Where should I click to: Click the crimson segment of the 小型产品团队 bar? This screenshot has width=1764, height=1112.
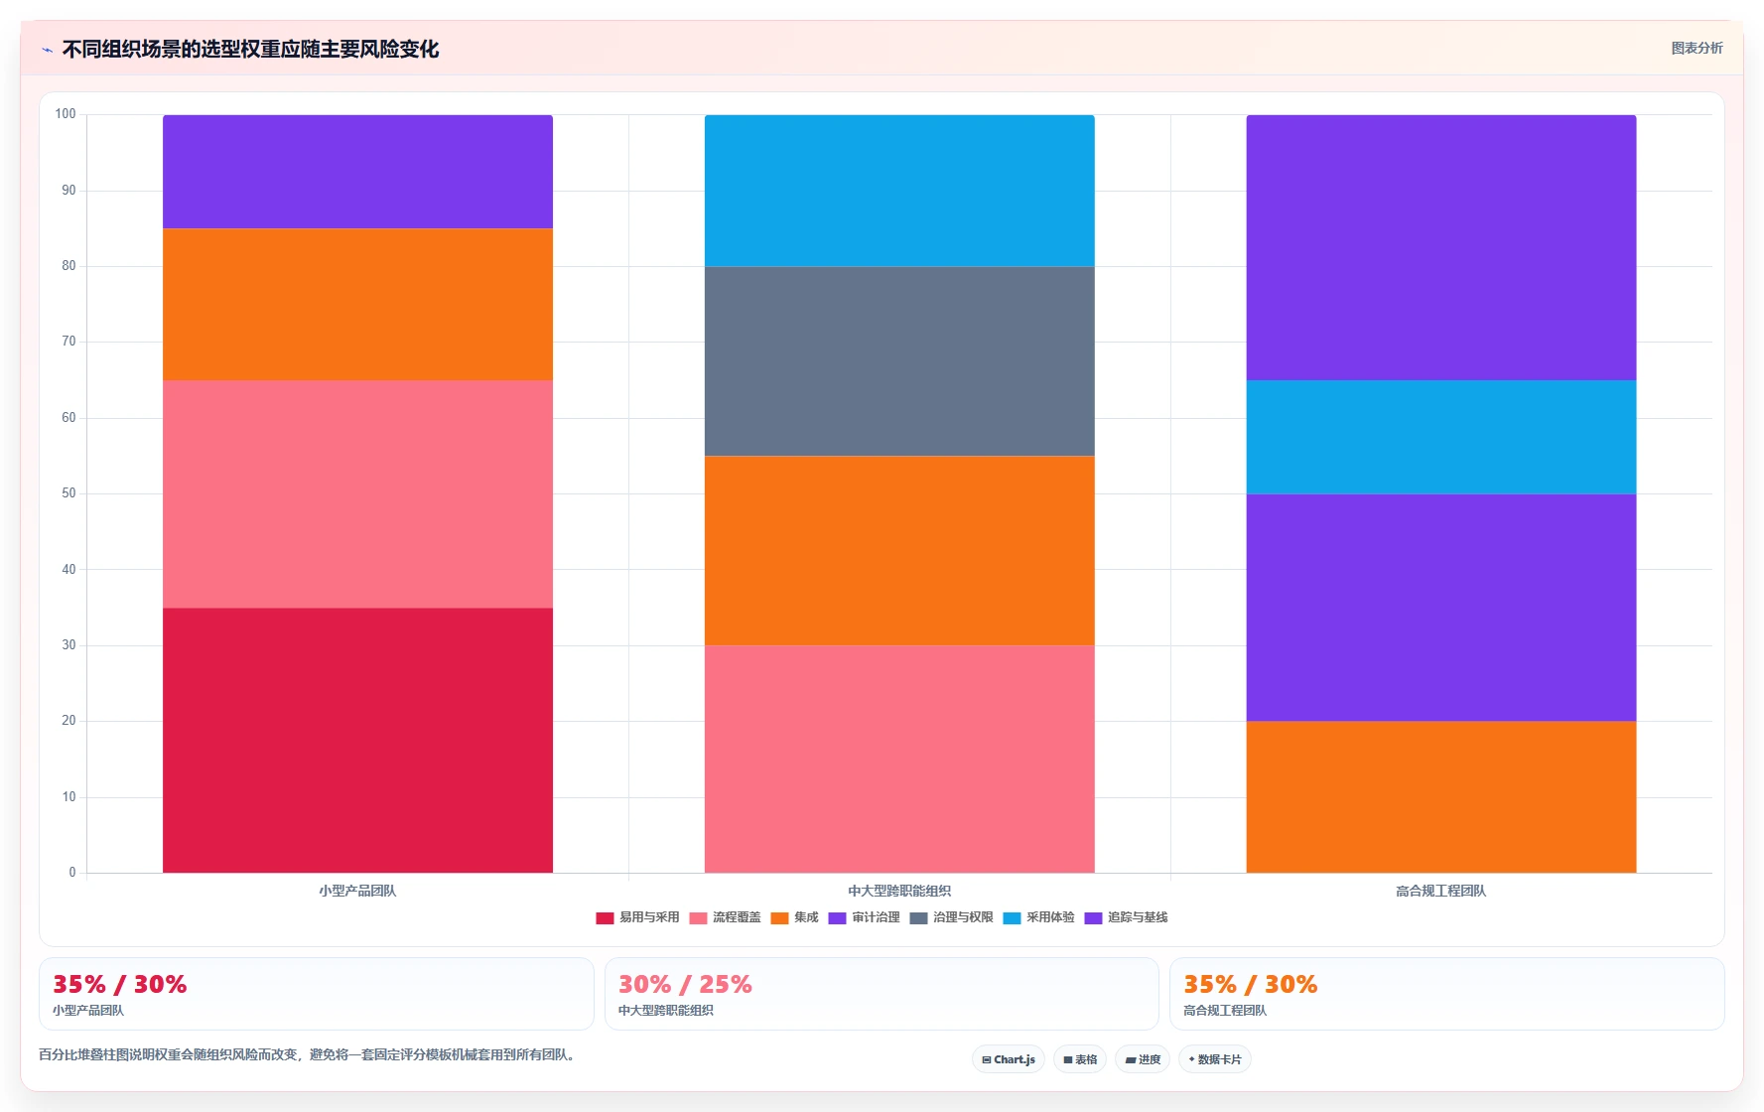357,740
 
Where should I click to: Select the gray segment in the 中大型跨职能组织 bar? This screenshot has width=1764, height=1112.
899,361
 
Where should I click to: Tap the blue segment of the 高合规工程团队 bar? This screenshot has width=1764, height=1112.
1441,437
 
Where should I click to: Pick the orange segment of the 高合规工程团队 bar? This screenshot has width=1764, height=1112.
1441,797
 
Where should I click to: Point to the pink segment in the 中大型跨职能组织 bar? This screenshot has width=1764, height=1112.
899,760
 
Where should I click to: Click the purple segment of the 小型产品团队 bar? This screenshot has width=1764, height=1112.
357,172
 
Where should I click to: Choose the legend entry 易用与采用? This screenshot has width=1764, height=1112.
637,917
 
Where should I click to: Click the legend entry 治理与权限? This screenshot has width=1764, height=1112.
951,917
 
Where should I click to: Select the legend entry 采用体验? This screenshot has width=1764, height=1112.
1038,917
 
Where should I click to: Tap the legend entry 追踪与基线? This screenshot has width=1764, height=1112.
1126,917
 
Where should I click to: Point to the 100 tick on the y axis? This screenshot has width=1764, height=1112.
66,114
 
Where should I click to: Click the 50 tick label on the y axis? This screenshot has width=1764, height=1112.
68,493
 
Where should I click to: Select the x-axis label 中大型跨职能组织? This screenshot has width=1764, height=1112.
899,891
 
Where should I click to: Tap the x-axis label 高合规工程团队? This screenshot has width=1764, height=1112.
1441,891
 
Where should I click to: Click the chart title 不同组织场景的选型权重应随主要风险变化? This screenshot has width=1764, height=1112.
250,49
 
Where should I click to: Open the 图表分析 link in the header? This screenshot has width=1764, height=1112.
1696,48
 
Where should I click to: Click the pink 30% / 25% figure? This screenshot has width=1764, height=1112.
685,984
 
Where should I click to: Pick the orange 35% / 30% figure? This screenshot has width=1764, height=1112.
1250,984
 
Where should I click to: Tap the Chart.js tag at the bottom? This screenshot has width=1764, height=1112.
1009,1059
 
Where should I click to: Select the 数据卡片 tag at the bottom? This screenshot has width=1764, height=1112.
1214,1059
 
